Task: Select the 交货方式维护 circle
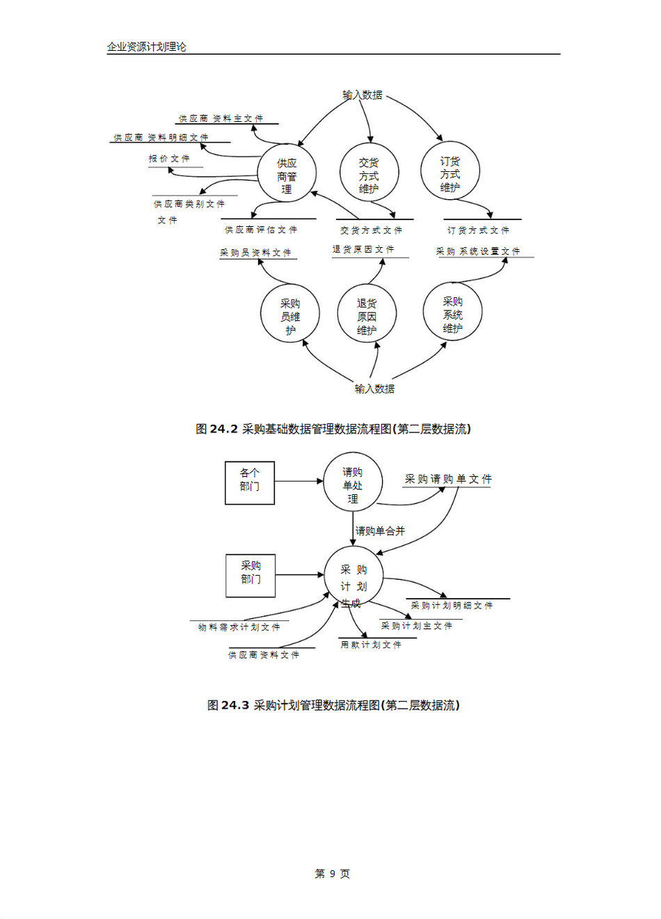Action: point(369,173)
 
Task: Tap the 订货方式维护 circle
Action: point(449,171)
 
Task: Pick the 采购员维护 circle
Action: point(290,315)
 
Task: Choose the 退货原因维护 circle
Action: point(367,315)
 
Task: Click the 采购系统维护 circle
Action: point(452,313)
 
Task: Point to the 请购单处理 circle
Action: point(353,483)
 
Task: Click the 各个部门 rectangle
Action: point(250,482)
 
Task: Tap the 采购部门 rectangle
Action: point(250,575)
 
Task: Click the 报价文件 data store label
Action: point(169,159)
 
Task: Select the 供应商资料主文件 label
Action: point(221,119)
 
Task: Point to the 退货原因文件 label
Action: point(363,249)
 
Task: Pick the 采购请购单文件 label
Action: point(448,479)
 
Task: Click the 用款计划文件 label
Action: point(371,645)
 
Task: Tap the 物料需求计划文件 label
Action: point(239,627)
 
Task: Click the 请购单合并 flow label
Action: point(380,531)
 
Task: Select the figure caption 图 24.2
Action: point(333,429)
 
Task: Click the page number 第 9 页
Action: point(332,874)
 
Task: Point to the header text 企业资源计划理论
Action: point(147,47)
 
